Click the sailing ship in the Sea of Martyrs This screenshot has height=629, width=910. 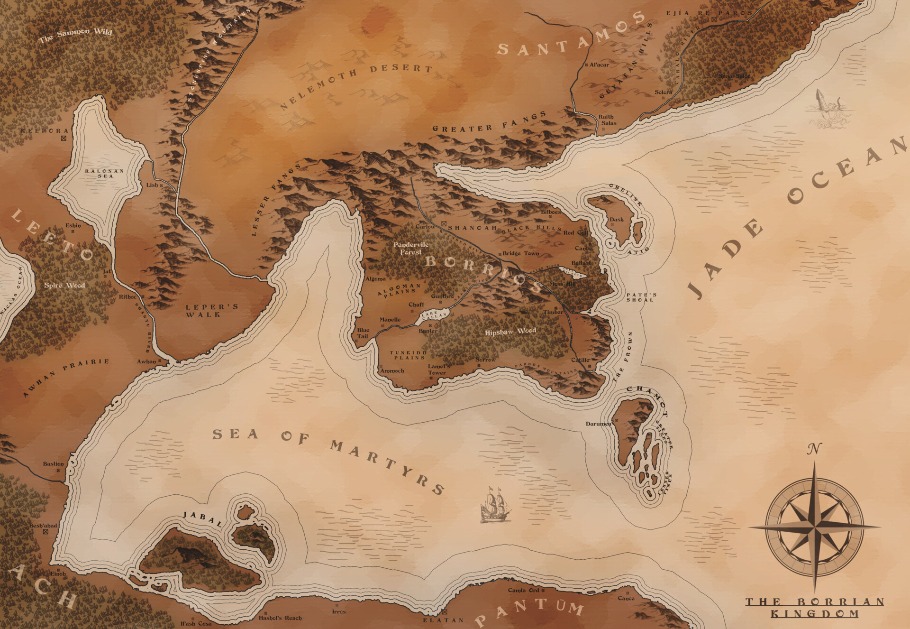[496, 506]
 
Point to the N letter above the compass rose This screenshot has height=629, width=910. [814, 448]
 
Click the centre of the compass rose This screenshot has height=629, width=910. [815, 527]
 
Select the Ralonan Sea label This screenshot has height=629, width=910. [105, 174]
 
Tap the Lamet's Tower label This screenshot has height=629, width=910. [438, 370]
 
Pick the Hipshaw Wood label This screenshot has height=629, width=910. [510, 332]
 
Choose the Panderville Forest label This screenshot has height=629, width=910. [411, 248]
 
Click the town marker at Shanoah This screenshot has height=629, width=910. [444, 223]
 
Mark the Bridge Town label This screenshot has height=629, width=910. [520, 253]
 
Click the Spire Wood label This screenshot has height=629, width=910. [64, 286]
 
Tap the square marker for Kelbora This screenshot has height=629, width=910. [64, 139]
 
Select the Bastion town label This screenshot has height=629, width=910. [53, 464]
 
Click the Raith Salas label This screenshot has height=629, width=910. [607, 120]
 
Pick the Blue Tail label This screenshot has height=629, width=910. [363, 333]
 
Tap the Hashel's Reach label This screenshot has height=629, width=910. [280, 618]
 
